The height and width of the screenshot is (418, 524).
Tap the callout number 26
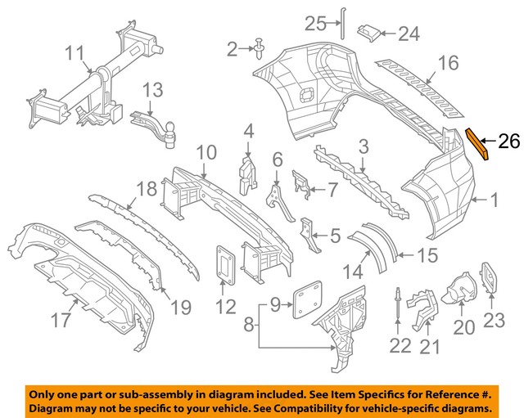pyautogui.click(x=508, y=142)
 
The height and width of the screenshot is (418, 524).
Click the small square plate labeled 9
pyautogui.click(x=308, y=293)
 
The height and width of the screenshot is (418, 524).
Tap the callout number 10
pyautogui.click(x=206, y=152)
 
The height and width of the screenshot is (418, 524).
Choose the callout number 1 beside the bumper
pyautogui.click(x=493, y=198)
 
